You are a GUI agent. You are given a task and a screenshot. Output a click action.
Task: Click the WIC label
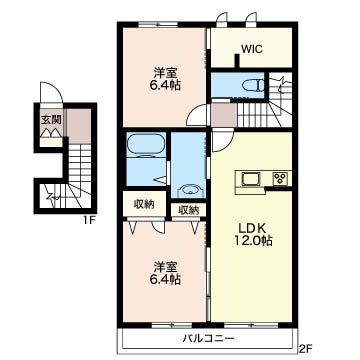pos(252,49)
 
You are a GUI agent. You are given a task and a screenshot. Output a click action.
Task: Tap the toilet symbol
pos(253,86)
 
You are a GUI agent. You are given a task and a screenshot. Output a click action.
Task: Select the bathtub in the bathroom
pos(146,145)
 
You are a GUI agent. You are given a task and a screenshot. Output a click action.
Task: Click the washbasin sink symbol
pos(190,191)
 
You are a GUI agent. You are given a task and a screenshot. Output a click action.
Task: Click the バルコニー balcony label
pos(208,339)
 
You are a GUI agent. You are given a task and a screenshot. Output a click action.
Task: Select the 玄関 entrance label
pos(49,119)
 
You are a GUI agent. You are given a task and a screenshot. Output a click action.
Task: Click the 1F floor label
pos(89,220)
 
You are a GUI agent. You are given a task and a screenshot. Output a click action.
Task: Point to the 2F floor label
pos(305,349)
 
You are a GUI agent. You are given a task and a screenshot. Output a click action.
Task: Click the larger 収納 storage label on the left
pos(144,204)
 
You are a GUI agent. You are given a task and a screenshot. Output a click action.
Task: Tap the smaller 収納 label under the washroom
pos(188,210)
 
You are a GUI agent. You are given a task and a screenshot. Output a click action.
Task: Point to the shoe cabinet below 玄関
pos(51,142)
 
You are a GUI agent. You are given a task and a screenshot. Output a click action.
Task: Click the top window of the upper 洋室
pos(158,24)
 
